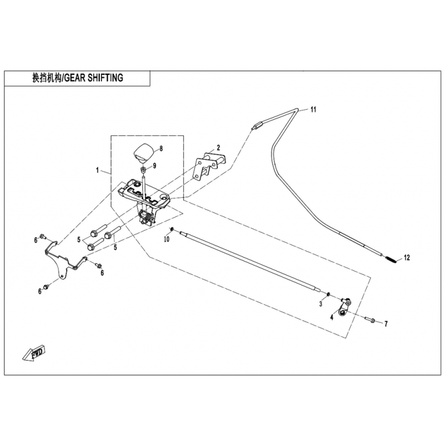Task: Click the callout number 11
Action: point(313,109)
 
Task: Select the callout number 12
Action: point(407,258)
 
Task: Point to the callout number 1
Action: point(98,171)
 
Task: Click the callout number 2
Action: point(218,147)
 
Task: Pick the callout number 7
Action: point(386,324)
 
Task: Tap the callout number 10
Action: point(167,239)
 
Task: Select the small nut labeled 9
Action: point(144,171)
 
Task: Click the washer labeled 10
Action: point(172,229)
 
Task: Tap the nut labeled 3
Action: point(328,294)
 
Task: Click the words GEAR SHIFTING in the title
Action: point(94,77)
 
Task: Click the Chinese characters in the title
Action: point(47,77)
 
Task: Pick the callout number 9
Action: point(155,166)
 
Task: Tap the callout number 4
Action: point(332,317)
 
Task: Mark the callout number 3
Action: point(321,304)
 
